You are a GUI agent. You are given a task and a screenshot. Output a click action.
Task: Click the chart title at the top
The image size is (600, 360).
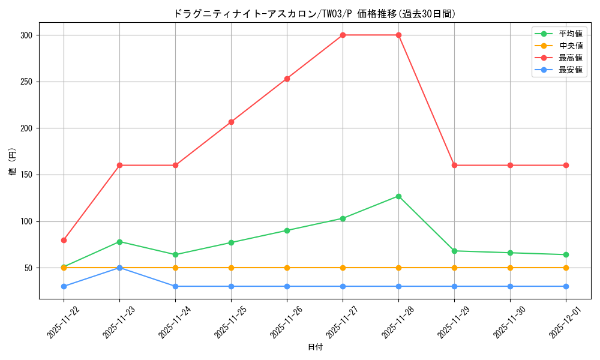[x=314, y=14]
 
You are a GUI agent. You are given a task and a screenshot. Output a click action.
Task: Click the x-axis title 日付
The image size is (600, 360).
[x=315, y=347]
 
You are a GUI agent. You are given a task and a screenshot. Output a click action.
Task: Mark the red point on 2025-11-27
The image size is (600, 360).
[x=343, y=35]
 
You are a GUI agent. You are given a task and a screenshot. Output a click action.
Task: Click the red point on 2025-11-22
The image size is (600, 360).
[x=64, y=240]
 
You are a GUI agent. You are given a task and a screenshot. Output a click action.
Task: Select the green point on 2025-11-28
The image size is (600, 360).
[x=398, y=196]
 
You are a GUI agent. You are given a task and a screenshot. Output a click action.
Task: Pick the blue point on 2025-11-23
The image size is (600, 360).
[x=119, y=268]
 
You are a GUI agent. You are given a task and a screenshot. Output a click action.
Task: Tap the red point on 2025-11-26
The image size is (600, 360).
[x=287, y=79]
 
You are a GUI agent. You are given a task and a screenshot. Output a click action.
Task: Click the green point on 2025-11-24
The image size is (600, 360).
[x=175, y=254]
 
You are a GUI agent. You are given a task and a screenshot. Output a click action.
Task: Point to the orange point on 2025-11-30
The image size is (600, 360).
[x=510, y=268]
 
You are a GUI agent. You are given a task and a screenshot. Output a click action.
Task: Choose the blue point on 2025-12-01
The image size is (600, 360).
[x=566, y=286]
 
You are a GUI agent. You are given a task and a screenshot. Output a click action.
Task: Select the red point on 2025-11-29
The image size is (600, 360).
[x=454, y=165]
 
